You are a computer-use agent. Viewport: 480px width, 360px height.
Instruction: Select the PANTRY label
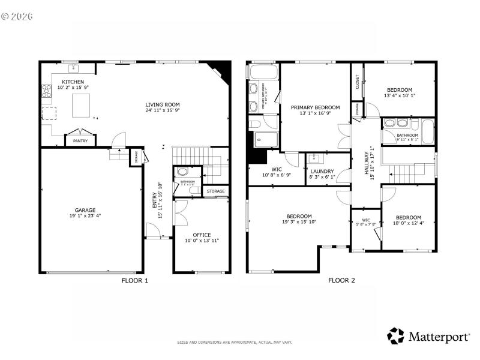point(80,141)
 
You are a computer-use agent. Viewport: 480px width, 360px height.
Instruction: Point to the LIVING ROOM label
point(162,104)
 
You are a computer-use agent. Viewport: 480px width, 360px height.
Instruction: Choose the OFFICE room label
point(202,234)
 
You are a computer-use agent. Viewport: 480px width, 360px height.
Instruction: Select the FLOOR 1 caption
point(134,280)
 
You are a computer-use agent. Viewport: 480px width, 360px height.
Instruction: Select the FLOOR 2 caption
point(341,280)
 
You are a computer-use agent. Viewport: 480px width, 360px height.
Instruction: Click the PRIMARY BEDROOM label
point(315,107)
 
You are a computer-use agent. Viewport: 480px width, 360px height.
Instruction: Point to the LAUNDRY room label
point(322,171)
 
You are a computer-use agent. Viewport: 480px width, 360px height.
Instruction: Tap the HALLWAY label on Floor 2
point(367,163)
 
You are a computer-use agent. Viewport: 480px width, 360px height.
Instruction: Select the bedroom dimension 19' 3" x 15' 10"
point(298,223)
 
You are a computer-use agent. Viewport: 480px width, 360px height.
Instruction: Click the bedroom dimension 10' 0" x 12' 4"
point(407,223)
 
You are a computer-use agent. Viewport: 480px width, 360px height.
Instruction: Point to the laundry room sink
point(313,159)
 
